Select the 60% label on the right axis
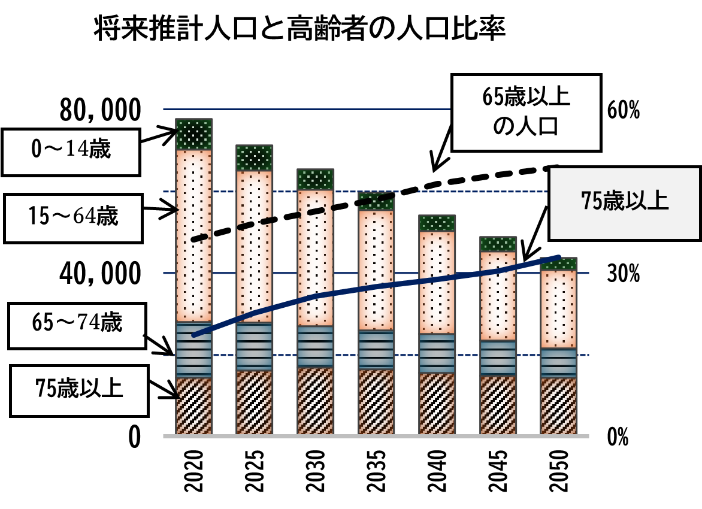coord(623,110)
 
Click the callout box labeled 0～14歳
coord(71,149)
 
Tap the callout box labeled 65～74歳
coord(77,325)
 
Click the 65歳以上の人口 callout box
coord(525,112)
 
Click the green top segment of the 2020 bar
coord(194,134)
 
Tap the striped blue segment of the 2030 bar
coord(315,347)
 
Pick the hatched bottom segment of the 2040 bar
coord(437,404)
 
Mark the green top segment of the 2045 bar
coord(498,244)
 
